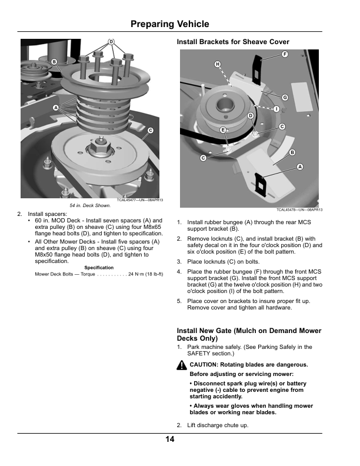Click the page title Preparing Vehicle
click(169, 24)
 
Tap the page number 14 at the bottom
click(169, 438)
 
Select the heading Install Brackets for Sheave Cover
click(233, 42)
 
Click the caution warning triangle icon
click(182, 365)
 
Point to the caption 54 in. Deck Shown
click(90, 205)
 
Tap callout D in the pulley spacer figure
click(111, 42)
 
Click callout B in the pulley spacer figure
click(54, 62)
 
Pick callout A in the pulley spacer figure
click(55, 108)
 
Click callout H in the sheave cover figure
click(217, 64)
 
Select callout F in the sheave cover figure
click(285, 54)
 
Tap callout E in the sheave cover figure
click(223, 129)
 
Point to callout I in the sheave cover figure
click(276, 109)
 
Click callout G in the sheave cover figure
click(285, 97)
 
